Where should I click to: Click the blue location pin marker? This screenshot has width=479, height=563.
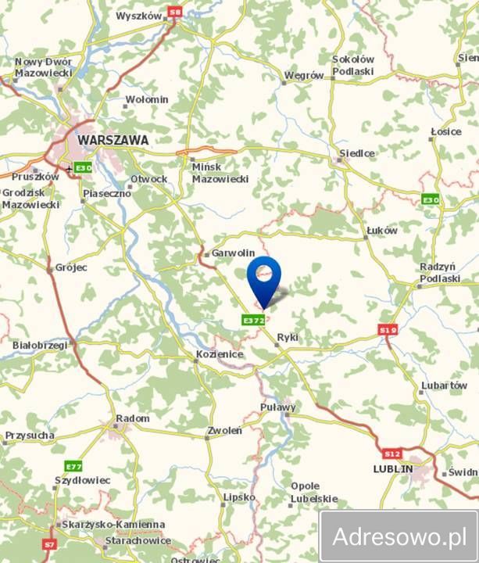pos(265,278)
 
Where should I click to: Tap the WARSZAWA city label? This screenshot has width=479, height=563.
pos(113,139)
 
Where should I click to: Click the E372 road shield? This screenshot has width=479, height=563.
pos(253,320)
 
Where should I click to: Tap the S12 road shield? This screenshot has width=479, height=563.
pos(391,454)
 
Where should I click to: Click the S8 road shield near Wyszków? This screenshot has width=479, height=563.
pos(175,13)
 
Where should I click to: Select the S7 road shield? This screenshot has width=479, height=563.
pos(51,543)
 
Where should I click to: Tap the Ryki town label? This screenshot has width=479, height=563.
pos(288,338)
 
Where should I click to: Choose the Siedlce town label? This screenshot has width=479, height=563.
pos(356,153)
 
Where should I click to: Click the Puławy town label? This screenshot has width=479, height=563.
pos(279,407)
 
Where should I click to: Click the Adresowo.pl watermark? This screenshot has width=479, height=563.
pos(399,536)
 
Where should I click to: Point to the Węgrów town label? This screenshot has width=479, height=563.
pos(305,76)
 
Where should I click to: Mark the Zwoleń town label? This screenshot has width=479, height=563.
pos(224,430)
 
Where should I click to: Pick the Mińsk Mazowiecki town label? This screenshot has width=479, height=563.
pos(220,173)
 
